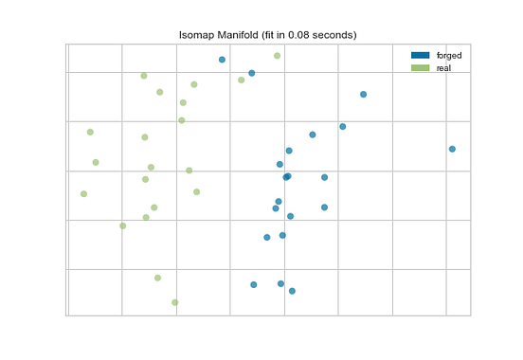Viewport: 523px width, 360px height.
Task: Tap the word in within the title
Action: click(288, 35)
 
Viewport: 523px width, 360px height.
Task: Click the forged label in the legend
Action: click(449, 56)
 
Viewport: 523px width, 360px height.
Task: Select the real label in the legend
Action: click(443, 68)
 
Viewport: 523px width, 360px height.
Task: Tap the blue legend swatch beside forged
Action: click(421, 56)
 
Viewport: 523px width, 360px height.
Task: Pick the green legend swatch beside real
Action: click(421, 68)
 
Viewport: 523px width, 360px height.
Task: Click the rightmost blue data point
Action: click(452, 149)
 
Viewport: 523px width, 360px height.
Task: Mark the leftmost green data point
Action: click(84, 194)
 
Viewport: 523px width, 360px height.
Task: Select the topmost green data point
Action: click(277, 56)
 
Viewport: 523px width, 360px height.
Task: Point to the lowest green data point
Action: click(175, 302)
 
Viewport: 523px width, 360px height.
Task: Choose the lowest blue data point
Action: click(292, 291)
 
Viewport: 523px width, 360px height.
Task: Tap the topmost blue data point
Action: click(222, 60)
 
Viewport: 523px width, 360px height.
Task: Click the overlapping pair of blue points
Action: click(286, 176)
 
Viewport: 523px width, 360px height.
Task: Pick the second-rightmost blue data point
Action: click(363, 95)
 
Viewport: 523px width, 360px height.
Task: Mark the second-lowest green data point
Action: click(157, 278)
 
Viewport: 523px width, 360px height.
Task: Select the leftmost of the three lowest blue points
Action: click(253, 284)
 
